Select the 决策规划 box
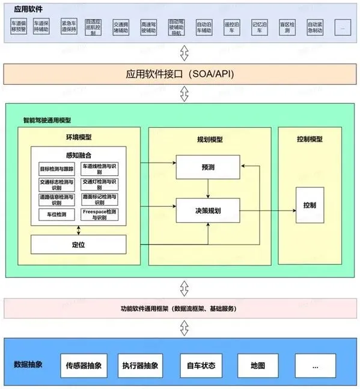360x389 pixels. coord(207,210)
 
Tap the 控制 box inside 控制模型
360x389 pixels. coord(310,205)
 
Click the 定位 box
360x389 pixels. coord(78,244)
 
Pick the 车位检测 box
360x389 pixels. coord(56,214)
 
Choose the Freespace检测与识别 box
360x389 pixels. coord(100,214)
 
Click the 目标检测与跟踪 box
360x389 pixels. coord(56,169)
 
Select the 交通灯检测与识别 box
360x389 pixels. coord(100,184)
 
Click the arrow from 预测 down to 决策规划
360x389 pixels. coord(207,188)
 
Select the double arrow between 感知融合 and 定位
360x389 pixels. coord(78,231)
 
